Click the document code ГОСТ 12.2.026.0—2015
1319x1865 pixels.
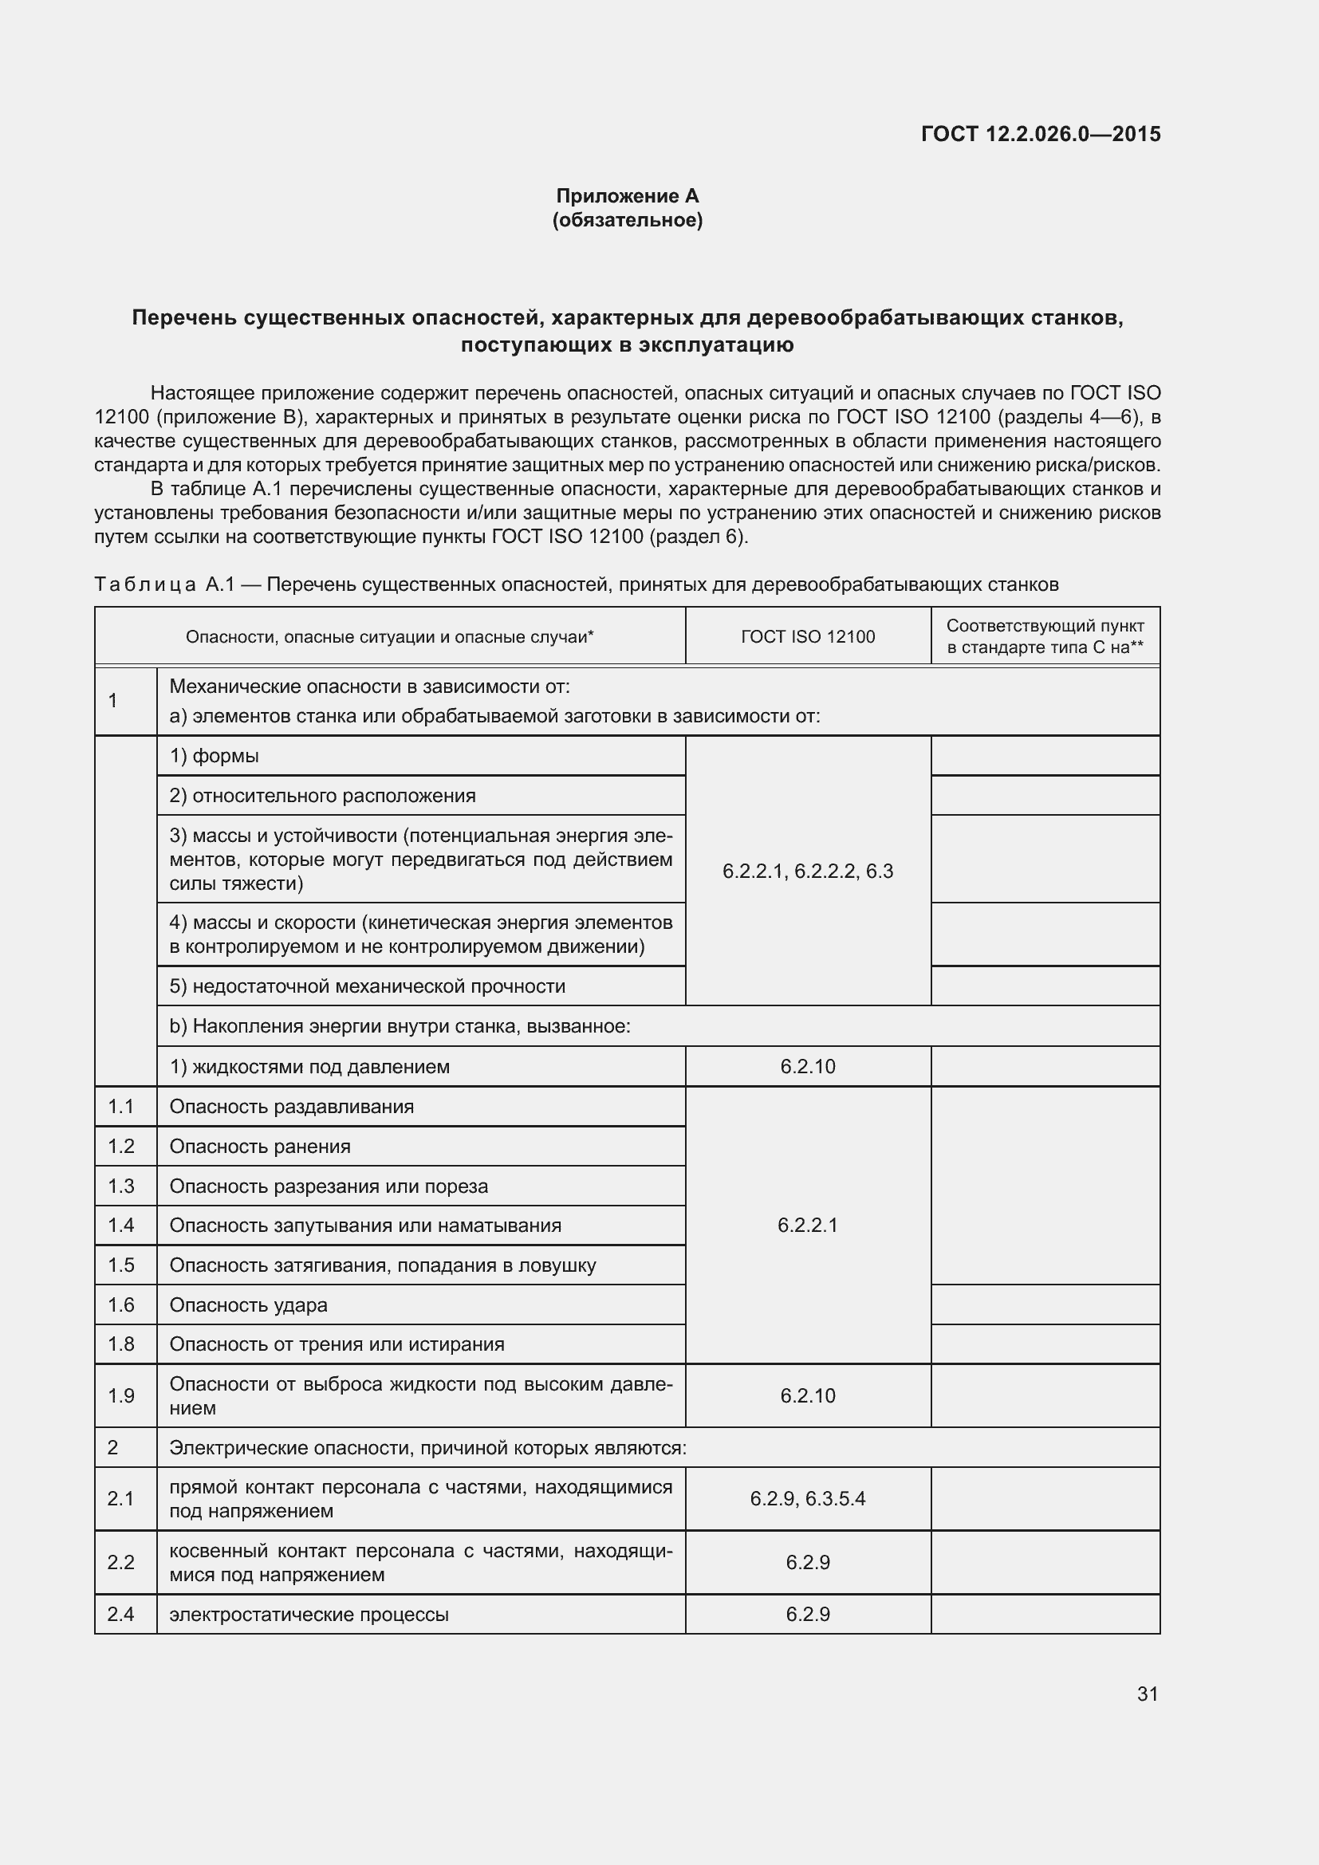click(x=1041, y=134)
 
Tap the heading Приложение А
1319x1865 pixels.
click(x=627, y=196)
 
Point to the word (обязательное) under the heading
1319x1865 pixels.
click(x=627, y=220)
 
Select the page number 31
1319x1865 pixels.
click(x=1147, y=1694)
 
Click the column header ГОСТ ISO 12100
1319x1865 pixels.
click(x=807, y=637)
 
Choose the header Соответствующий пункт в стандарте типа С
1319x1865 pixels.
click(x=1045, y=636)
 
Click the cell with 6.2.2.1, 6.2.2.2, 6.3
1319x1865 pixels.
click(x=807, y=872)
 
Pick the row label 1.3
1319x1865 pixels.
click(x=121, y=1186)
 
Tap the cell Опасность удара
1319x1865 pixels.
click(x=249, y=1304)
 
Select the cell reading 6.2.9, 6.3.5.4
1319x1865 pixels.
click(x=807, y=1499)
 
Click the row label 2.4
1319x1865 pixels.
click(x=121, y=1614)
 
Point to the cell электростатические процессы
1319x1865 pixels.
click(x=309, y=1614)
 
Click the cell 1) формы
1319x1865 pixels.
click(x=214, y=756)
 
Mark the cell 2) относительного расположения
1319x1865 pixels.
click(x=322, y=796)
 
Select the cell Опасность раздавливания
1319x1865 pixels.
click(x=292, y=1107)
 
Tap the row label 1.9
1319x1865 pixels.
click(x=121, y=1395)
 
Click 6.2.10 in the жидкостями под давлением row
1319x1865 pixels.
click(x=807, y=1067)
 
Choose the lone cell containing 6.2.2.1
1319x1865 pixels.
click(x=807, y=1225)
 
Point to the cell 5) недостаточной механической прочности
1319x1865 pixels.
click(x=367, y=986)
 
